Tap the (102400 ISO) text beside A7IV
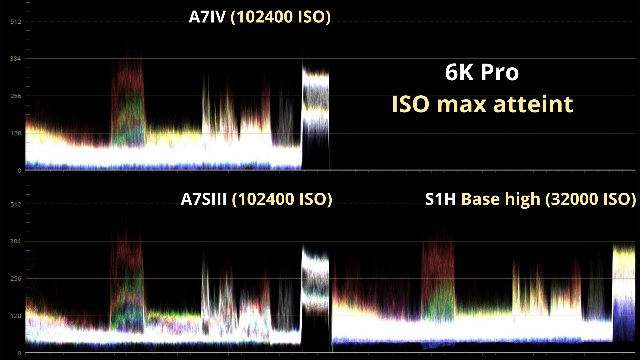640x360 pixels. click(x=280, y=17)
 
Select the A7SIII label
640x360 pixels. click(x=203, y=199)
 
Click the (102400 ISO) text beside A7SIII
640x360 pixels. click(x=282, y=199)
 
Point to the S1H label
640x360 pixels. click(x=440, y=199)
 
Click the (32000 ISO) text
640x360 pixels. click(x=590, y=199)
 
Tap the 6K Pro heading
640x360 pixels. click(x=482, y=72)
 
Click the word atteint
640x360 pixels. click(x=533, y=104)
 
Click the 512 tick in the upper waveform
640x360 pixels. click(x=15, y=22)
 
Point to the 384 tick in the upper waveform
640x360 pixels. click(x=15, y=59)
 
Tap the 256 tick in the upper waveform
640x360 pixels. click(x=15, y=96)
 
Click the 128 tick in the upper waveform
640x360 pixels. click(x=15, y=133)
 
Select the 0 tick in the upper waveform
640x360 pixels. click(x=19, y=171)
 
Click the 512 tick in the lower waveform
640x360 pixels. click(x=15, y=204)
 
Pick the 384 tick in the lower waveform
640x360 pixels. click(x=15, y=241)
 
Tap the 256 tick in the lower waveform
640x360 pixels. click(x=15, y=279)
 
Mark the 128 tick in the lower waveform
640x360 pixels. click(x=15, y=316)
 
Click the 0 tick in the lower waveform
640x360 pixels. click(x=19, y=353)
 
